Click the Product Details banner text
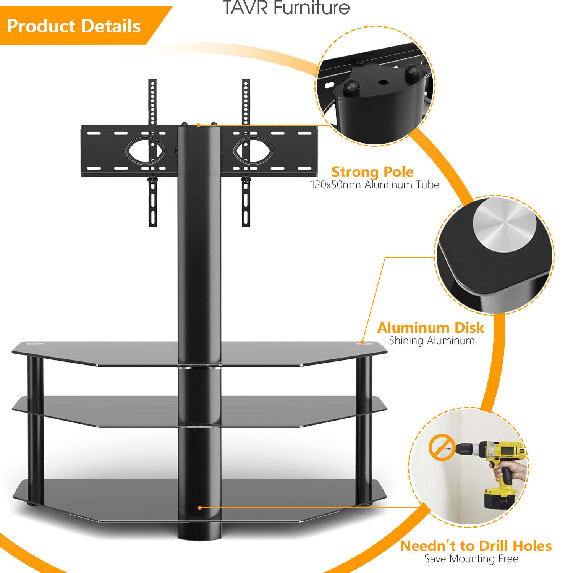tap(74, 26)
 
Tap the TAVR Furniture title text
tap(286, 8)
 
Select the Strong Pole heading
tap(372, 172)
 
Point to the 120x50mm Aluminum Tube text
tap(374, 185)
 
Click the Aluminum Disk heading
tap(431, 328)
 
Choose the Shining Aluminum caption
tap(432, 340)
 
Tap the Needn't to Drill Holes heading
tap(476, 546)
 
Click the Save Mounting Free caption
tap(471, 559)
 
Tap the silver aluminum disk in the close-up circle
tap(504, 225)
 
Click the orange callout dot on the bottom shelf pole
tap(200, 508)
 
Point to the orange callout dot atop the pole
tap(199, 125)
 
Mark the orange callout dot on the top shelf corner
tap(362, 343)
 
